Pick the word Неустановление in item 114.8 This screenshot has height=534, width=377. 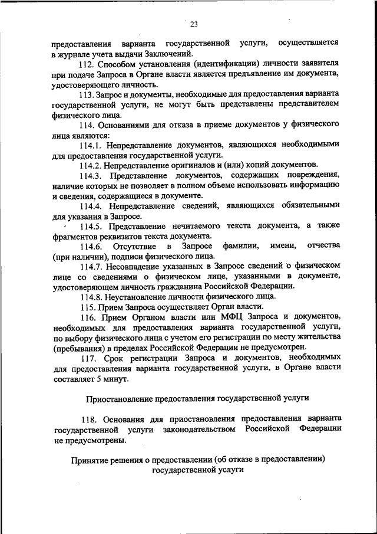point(137,296)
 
